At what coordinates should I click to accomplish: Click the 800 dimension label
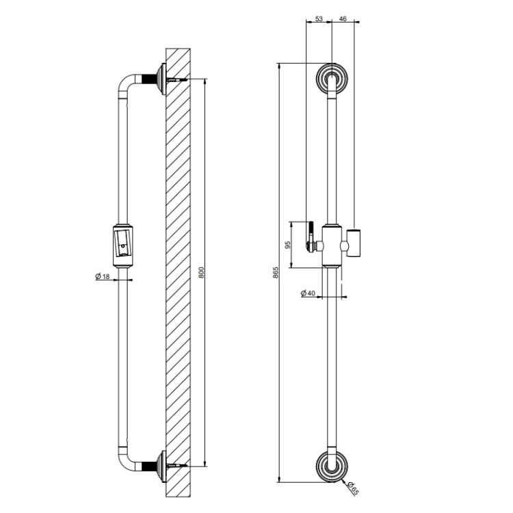click(x=202, y=272)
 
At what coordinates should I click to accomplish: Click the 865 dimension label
click(x=276, y=272)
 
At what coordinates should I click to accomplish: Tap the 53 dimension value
click(x=319, y=19)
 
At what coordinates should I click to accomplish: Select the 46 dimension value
click(x=343, y=19)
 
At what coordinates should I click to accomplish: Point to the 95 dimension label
click(x=288, y=245)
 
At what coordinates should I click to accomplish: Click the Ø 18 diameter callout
click(x=103, y=277)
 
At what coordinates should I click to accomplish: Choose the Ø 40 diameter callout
click(x=308, y=293)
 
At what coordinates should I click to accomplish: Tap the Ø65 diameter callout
click(x=352, y=489)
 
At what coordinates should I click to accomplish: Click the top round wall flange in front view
click(x=332, y=79)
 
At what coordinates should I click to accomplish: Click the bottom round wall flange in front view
click(x=332, y=466)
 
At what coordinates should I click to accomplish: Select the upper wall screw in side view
click(x=177, y=79)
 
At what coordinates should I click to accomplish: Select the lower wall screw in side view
click(x=177, y=466)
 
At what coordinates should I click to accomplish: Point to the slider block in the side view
click(x=122, y=246)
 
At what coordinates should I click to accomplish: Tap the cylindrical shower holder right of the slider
click(x=354, y=244)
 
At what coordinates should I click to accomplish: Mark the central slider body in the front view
click(x=332, y=246)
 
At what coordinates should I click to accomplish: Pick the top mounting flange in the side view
click(x=161, y=79)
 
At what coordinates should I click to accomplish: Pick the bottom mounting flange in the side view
click(x=161, y=466)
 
